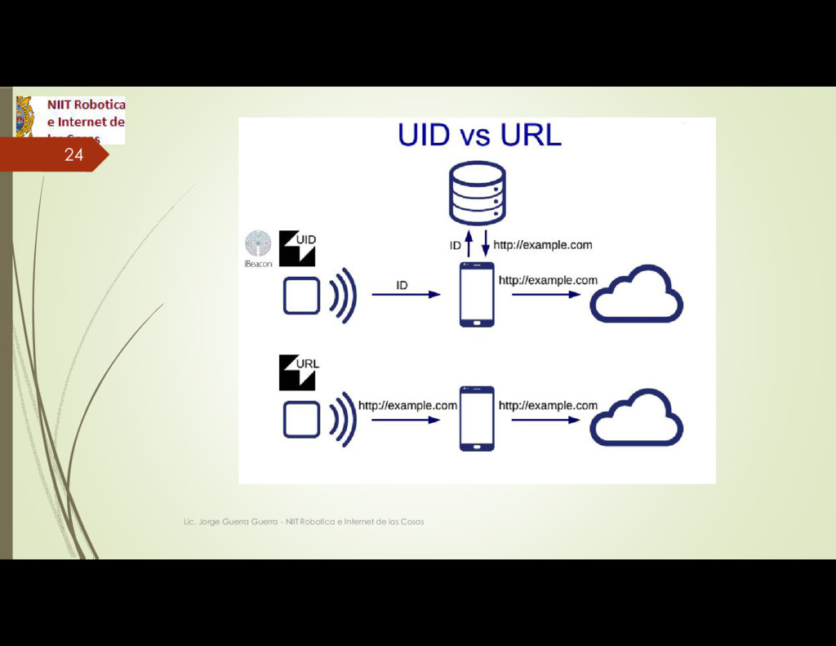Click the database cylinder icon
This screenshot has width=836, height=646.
coord(477,193)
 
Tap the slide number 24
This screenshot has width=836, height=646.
coord(73,154)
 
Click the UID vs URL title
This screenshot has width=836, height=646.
coord(479,135)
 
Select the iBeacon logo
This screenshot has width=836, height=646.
coord(258,248)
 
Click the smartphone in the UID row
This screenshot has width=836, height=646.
coord(477,294)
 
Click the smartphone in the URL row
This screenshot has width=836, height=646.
coord(477,418)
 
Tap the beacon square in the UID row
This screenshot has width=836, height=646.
coord(301,295)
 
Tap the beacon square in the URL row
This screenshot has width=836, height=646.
coord(301,420)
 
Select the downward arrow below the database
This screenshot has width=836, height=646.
coord(485,243)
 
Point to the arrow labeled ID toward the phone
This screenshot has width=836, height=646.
coord(406,295)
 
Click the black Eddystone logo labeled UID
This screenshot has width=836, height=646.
coord(297,248)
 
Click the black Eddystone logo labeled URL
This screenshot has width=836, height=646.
coord(297,372)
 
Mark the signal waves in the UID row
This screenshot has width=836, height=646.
coord(344,295)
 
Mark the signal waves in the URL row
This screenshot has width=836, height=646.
coord(344,420)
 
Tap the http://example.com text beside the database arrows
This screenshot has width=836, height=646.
coord(542,244)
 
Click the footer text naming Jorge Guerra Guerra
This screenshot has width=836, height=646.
coord(303,521)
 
